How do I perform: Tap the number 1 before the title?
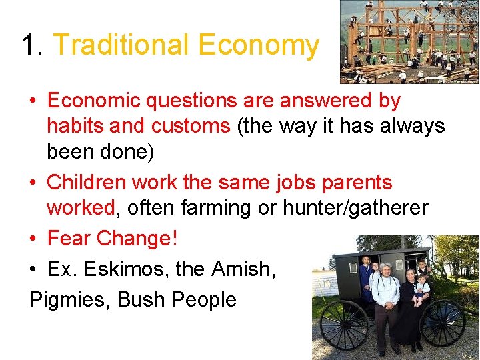tap(28, 45)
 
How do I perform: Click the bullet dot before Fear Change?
tap(33, 239)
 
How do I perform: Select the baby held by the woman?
tap(419, 290)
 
